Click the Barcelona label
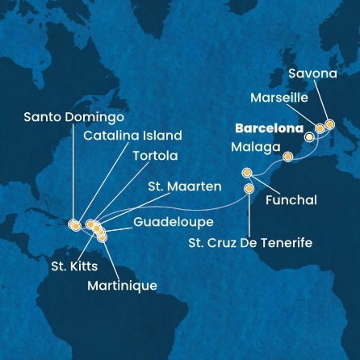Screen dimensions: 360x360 point(270,128)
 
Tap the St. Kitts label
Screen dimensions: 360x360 point(65,264)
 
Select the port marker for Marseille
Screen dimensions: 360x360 point(320,128)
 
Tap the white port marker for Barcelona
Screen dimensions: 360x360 point(308,137)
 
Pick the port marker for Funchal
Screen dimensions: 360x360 point(247,172)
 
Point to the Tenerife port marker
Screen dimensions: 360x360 point(249,188)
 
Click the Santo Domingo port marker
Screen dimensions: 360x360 point(73,224)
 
